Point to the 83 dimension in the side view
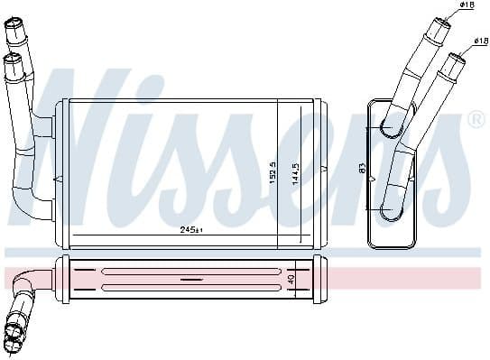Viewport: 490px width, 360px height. point(363,168)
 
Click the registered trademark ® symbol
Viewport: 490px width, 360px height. point(476,119)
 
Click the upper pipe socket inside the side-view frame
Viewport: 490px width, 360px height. point(392,129)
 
